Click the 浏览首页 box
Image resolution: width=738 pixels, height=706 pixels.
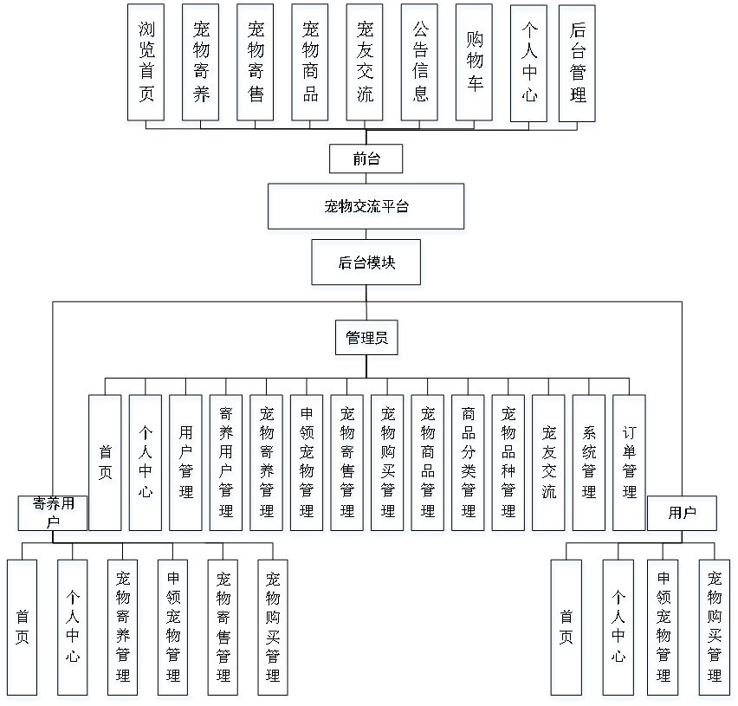pyautogui.click(x=146, y=65)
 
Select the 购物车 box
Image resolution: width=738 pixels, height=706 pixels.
pyautogui.click(x=476, y=65)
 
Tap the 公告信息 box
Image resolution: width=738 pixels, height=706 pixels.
pyautogui.click(x=421, y=65)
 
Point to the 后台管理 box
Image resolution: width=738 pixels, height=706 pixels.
pyautogui.click(x=579, y=65)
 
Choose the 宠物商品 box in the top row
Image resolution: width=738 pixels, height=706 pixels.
pyautogui.click(x=311, y=65)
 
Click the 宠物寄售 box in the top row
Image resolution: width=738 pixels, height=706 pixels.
pyautogui.click(x=256, y=65)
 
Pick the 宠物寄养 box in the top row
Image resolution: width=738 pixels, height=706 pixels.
pyautogui.click(x=202, y=65)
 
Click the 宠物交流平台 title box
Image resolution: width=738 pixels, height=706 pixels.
pyautogui.click(x=367, y=209)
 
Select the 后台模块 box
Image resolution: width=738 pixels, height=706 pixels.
pyautogui.click(x=367, y=265)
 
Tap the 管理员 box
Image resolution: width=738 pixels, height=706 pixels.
pyautogui.click(x=367, y=340)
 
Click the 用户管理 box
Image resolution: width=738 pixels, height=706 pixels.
pyautogui.click(x=186, y=465)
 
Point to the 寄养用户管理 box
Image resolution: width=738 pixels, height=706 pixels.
pyautogui.click(x=227, y=465)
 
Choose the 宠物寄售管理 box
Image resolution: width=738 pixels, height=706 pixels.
pyautogui.click(x=348, y=465)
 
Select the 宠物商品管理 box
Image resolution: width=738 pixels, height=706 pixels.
pyautogui.click(x=428, y=465)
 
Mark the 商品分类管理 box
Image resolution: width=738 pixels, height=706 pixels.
pyautogui.click(x=469, y=465)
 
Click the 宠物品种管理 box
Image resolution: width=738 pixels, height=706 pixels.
pyautogui.click(x=508, y=465)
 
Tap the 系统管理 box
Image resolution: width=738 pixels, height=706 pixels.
pyautogui.click(x=589, y=465)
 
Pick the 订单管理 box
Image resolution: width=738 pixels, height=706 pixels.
pyautogui.click(x=630, y=465)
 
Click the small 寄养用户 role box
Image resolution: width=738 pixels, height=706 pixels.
pyautogui.click(x=53, y=515)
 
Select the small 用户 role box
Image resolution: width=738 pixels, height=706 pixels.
pyautogui.click(x=683, y=515)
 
